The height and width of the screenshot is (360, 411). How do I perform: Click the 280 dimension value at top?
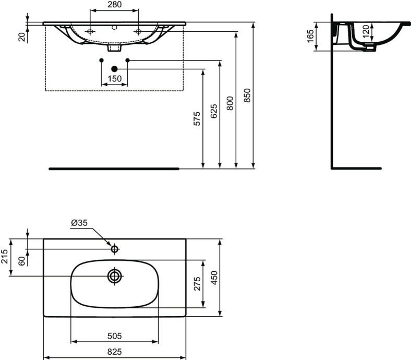click(x=114, y=5)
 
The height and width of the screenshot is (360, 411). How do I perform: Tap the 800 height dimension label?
click(x=231, y=102)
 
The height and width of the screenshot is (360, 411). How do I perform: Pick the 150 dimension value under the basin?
click(x=114, y=79)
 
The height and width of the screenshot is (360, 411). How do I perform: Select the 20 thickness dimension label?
click(x=21, y=36)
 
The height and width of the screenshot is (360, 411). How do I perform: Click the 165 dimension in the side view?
click(x=311, y=37)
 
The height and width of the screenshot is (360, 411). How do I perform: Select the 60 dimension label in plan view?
click(x=21, y=260)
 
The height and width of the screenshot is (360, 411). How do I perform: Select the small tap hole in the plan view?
click(x=114, y=248)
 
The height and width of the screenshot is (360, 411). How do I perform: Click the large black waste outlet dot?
click(x=114, y=68)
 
